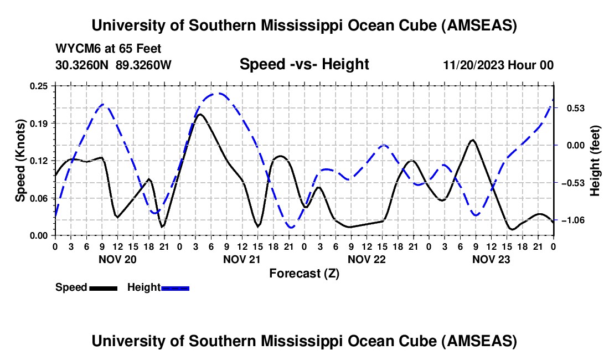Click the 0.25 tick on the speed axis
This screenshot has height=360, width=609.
[39, 86]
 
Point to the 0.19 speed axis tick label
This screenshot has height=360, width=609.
[39, 123]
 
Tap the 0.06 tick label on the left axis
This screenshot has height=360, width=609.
[39, 198]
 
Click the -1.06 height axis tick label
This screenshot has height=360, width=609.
[571, 220]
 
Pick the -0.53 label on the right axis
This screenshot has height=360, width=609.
[571, 183]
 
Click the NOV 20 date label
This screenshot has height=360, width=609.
[117, 259]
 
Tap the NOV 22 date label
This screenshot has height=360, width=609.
[366, 259]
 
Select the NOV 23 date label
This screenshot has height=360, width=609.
[491, 259]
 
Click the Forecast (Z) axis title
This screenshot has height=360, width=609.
[304, 273]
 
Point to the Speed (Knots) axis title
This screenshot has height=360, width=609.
[20, 160]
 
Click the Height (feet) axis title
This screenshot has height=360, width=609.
[595, 160]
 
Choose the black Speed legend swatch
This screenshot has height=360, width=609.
[102, 287]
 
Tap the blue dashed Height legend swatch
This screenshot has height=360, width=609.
[175, 287]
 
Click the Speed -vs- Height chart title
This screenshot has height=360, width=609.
[304, 64]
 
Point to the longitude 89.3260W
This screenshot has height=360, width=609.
[144, 65]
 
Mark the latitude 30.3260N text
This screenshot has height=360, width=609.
[82, 65]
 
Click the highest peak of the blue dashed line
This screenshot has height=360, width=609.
[220, 93]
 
